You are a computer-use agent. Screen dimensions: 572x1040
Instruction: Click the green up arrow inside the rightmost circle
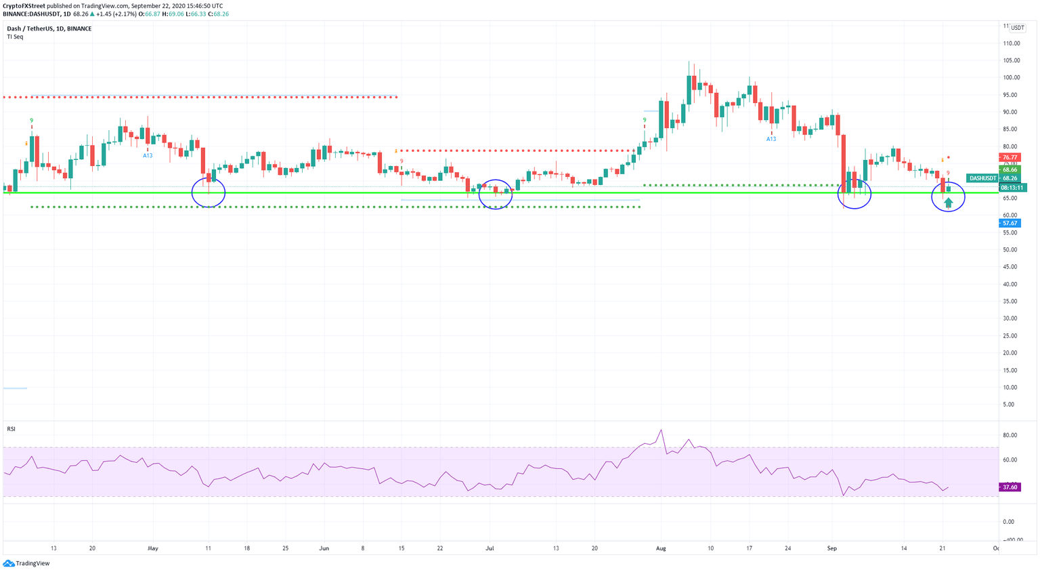pyautogui.click(x=948, y=202)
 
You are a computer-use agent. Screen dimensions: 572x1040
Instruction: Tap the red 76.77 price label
pyautogui.click(x=1010, y=157)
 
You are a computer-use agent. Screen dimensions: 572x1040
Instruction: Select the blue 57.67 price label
pyautogui.click(x=1010, y=223)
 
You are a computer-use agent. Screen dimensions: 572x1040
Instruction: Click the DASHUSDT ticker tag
pyautogui.click(x=982, y=178)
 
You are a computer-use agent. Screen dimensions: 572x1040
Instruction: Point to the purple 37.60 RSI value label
pyautogui.click(x=1010, y=487)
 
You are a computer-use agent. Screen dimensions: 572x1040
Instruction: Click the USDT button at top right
pyautogui.click(x=1017, y=28)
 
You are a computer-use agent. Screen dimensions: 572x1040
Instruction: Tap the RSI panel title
pyautogui.click(x=11, y=429)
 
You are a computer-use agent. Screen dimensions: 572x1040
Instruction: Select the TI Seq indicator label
pyautogui.click(x=15, y=37)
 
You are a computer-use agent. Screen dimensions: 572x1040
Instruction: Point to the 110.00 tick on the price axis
pyautogui.click(x=1012, y=43)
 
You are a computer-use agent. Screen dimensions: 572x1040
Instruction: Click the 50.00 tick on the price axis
pyautogui.click(x=1010, y=250)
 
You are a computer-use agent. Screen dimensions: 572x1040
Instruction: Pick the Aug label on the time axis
pyautogui.click(x=661, y=548)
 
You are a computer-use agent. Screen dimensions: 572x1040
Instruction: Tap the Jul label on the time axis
pyautogui.click(x=490, y=548)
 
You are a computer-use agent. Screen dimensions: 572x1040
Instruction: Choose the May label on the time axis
pyautogui.click(x=152, y=548)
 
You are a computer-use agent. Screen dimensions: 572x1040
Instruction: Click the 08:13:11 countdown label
pyautogui.click(x=1013, y=188)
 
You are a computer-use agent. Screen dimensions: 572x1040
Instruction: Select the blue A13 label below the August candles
pyautogui.click(x=771, y=139)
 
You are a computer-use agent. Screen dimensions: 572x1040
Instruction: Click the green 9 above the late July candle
pyautogui.click(x=645, y=120)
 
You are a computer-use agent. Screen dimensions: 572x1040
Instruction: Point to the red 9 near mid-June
pyautogui.click(x=402, y=161)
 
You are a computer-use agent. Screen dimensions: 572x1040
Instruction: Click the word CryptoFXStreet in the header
pyautogui.click(x=24, y=5)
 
